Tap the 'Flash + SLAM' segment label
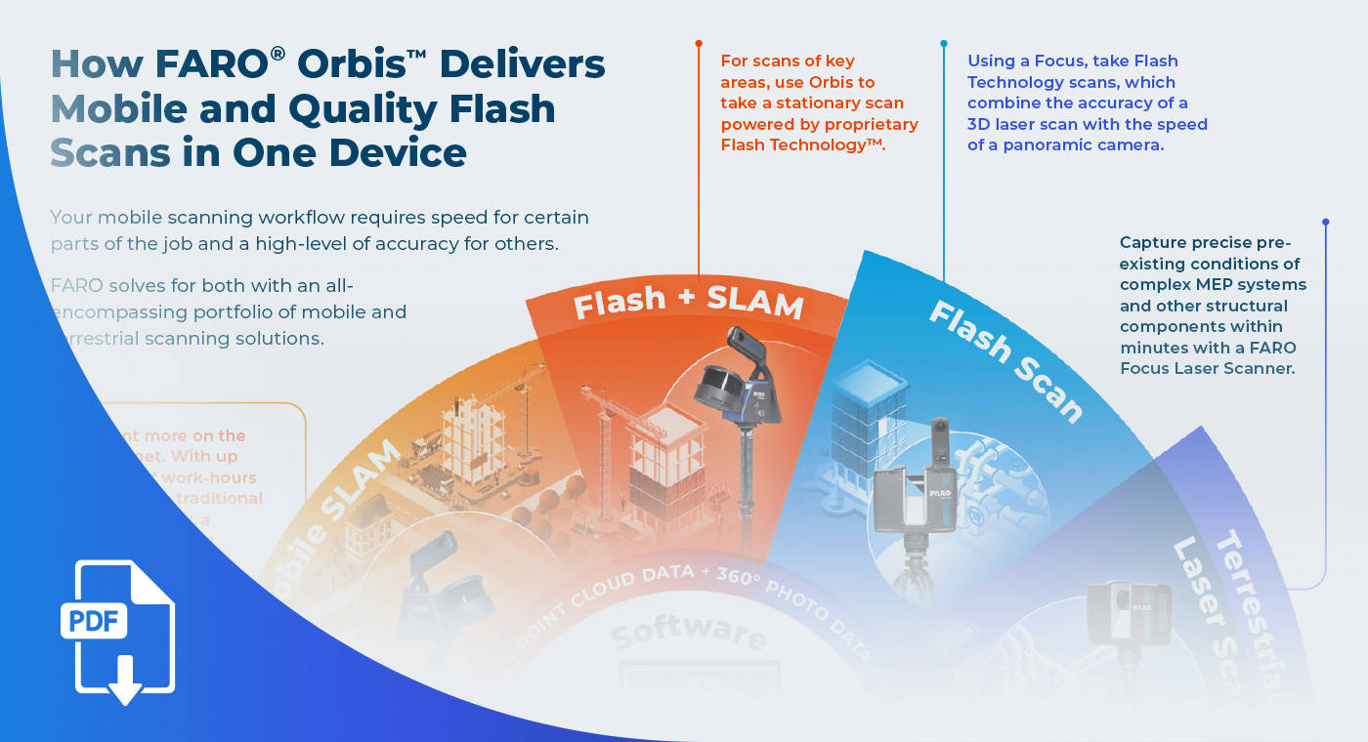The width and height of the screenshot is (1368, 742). (x=688, y=303)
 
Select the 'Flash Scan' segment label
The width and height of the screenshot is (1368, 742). (x=1005, y=360)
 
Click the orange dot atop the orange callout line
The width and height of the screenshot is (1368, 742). (x=699, y=44)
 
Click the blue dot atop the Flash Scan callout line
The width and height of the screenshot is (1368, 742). (x=944, y=44)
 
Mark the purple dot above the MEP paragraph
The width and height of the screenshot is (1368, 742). (x=1325, y=223)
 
